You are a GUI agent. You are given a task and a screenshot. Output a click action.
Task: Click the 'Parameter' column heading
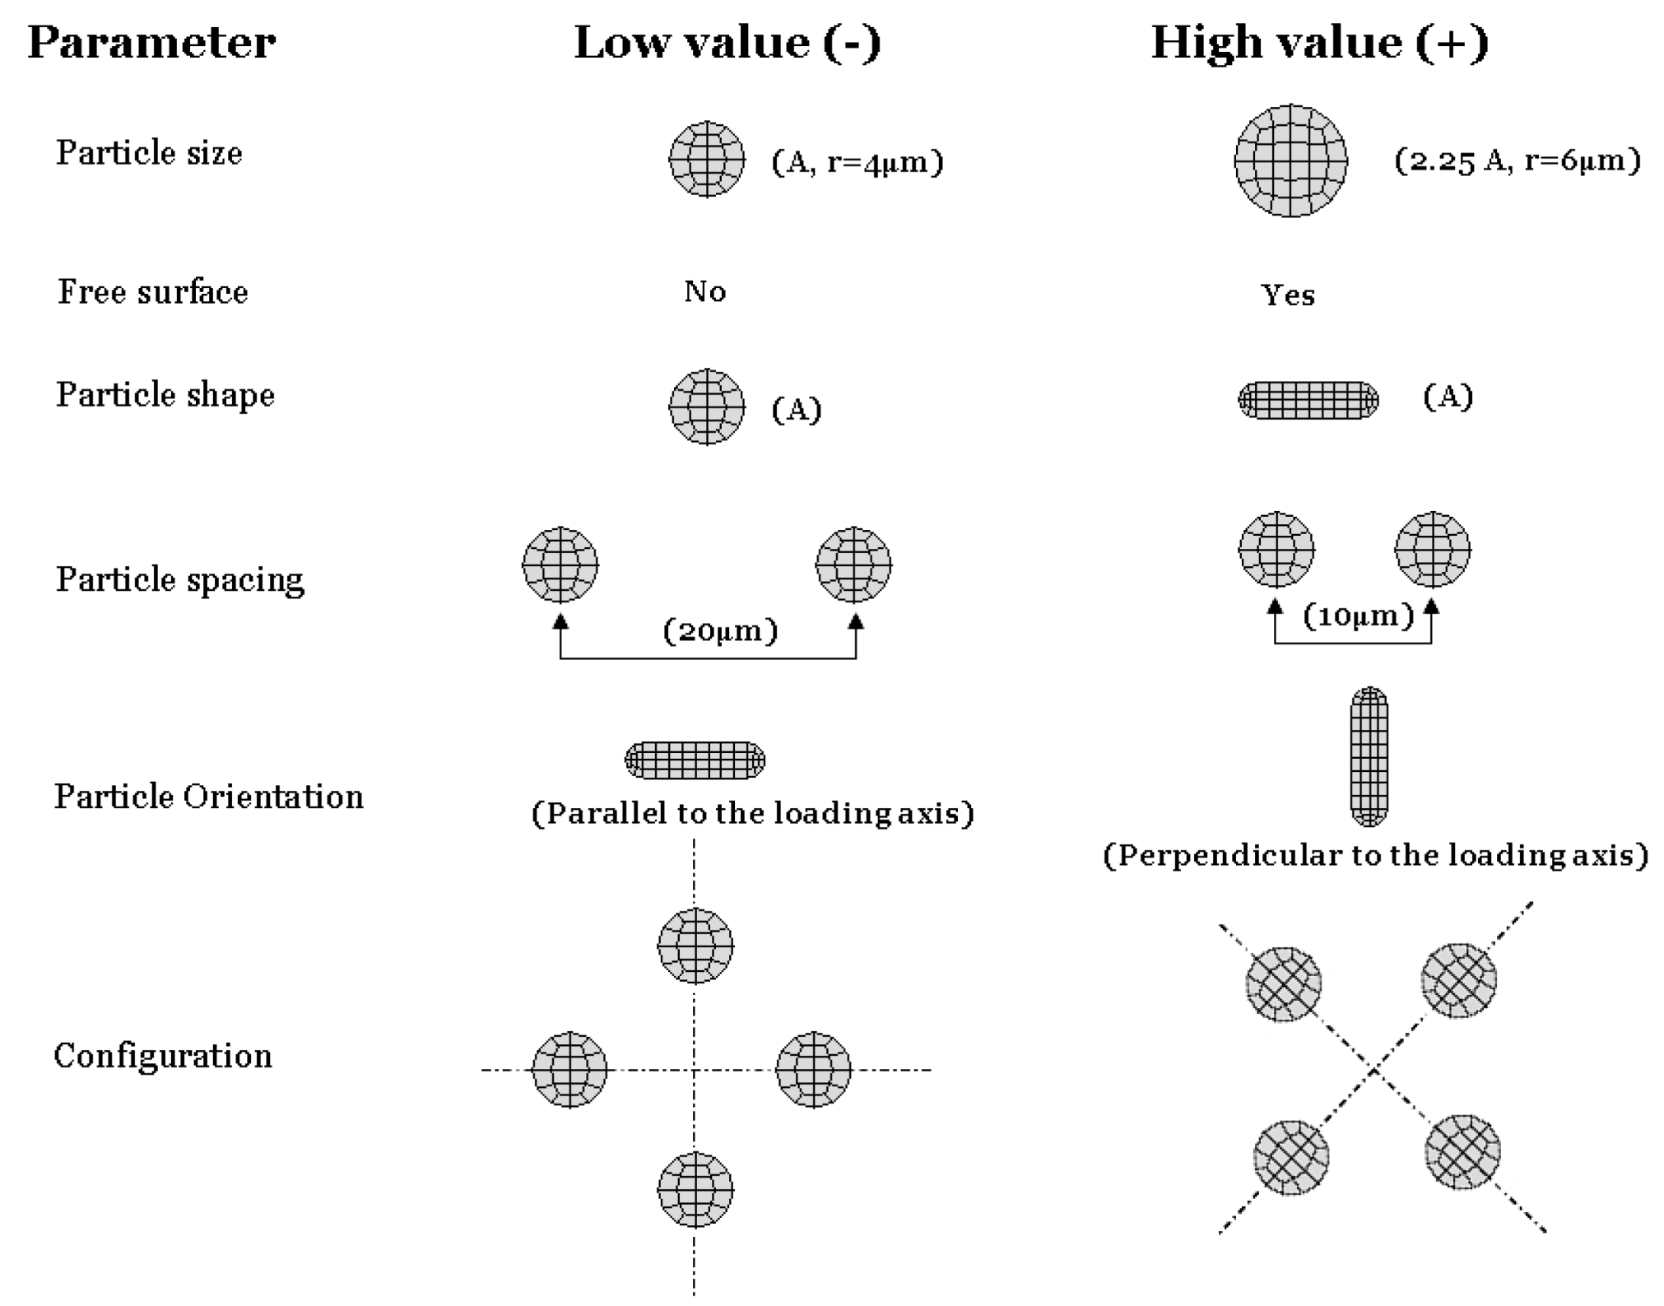pos(151,43)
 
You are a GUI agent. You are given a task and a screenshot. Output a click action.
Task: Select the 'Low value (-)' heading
pos(727,43)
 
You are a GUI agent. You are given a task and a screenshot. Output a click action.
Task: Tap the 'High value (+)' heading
pos(1319,43)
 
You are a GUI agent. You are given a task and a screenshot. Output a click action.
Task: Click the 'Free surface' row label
pos(153,292)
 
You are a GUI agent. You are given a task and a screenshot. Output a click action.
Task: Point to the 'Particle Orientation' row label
pos(209,797)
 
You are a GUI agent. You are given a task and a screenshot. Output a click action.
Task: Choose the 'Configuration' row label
pos(163,1056)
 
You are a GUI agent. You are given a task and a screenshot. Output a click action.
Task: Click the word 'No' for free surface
pos(704,291)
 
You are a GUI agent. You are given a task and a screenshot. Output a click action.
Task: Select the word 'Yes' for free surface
pos(1288,295)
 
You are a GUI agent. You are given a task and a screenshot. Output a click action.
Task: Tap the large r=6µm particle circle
pos(1290,160)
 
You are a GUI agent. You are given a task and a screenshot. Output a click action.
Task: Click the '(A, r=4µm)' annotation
pos(857,162)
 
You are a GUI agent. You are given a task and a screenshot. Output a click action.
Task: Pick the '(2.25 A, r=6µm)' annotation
pos(1517,160)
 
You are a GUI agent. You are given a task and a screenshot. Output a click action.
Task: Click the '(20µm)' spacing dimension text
pos(720,631)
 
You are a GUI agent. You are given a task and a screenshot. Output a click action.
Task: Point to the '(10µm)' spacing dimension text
pos(1358,616)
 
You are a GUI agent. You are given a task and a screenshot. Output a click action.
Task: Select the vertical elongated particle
pos(1369,756)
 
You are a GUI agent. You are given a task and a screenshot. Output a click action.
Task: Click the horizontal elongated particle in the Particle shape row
pos(1308,400)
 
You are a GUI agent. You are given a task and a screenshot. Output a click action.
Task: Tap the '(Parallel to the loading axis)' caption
pos(752,813)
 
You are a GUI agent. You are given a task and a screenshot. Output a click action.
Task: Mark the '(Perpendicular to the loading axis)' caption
pos(1375,855)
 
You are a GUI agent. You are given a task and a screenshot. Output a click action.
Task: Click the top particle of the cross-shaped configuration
pos(695,946)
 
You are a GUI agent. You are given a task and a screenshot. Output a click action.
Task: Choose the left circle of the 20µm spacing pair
pos(560,565)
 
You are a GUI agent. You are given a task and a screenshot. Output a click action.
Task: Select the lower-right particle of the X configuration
pos(1462,1151)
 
